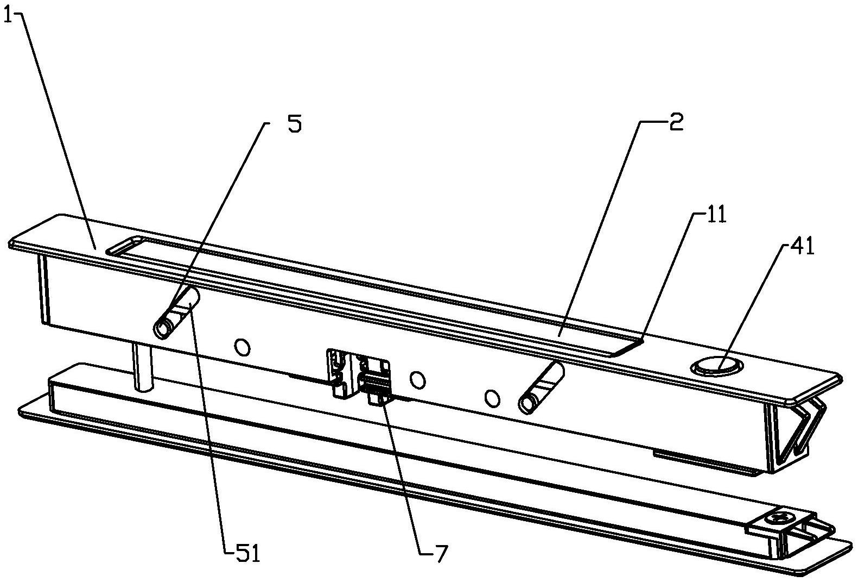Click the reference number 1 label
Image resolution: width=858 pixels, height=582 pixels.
7,16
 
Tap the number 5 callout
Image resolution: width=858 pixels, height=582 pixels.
293,124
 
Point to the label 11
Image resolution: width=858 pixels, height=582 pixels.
715,215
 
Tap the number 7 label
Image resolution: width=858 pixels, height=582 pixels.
438,554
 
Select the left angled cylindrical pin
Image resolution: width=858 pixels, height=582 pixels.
177,314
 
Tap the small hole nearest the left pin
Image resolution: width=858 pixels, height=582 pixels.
242,346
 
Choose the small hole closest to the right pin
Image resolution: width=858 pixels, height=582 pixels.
492,398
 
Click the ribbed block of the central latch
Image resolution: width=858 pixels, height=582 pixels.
376,384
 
